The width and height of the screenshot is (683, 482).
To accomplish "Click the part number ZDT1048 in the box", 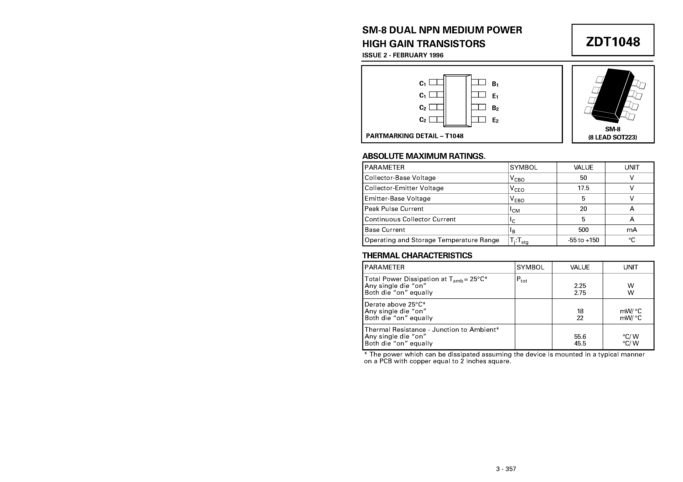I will pos(613,42).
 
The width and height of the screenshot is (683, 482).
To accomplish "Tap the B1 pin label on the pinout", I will pos(495,84).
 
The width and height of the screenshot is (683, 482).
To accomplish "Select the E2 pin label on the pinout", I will pos(495,120).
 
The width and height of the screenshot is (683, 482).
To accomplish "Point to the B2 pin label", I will pos(495,108).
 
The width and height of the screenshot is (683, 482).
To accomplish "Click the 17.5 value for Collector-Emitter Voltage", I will pos(583,188).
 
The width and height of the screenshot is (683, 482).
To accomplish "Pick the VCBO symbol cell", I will pos(517,178).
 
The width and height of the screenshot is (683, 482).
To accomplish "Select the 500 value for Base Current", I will pos(583,230).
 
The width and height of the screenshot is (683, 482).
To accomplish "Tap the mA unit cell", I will pos(632,230).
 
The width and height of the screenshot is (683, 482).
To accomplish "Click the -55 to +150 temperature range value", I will pos(583,240).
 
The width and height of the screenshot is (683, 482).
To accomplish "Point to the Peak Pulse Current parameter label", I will pos(394,209).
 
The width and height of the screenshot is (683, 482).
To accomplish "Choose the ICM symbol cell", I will pos(515,210).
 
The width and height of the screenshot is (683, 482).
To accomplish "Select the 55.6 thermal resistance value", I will pos(580,337).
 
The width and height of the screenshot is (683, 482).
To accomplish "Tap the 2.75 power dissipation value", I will pos(580,293).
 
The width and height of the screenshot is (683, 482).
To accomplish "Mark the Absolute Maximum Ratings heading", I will pos(423,156).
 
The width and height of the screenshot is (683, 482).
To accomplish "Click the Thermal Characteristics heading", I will pos(417,255).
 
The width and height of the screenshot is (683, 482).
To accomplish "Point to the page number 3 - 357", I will pos(506,469).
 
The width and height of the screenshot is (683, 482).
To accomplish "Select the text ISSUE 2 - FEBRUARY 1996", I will pos(403,55).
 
